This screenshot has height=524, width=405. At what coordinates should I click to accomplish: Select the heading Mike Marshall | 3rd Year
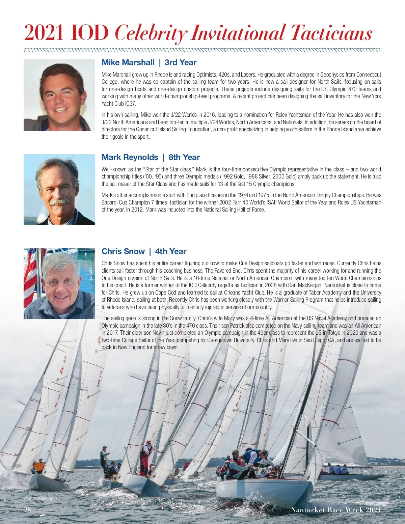[149, 62]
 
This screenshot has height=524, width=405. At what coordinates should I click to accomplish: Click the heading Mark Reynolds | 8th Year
[151, 157]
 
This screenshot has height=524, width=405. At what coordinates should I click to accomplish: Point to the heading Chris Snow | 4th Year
[144, 251]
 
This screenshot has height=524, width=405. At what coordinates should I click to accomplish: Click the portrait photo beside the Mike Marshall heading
[59, 95]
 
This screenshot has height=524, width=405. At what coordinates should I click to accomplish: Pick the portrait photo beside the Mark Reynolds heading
[59, 190]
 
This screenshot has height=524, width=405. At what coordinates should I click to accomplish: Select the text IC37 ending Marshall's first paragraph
[130, 104]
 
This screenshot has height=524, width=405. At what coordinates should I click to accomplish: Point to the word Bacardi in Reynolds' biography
[109, 202]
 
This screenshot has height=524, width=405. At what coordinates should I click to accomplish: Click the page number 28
[27, 509]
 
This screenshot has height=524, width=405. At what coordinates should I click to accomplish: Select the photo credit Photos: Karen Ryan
[40, 498]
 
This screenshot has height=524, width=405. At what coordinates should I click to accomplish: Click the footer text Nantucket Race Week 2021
[336, 510]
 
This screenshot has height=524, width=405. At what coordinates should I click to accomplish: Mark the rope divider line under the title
[202, 51]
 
